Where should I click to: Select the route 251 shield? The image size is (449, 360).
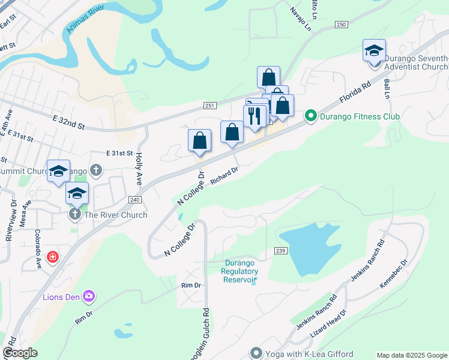pyautogui.click(x=209, y=106)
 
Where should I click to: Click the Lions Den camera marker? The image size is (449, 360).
pyautogui.click(x=89, y=296)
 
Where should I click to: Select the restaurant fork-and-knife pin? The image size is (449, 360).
pyautogui.click(x=255, y=116)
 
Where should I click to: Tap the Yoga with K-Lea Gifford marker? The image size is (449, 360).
pyautogui.click(x=257, y=353)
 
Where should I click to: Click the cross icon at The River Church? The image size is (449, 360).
pyautogui.click(x=75, y=214)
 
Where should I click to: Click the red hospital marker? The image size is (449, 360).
pyautogui.click(x=53, y=257)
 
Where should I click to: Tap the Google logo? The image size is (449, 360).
pyautogui.click(x=20, y=353)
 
